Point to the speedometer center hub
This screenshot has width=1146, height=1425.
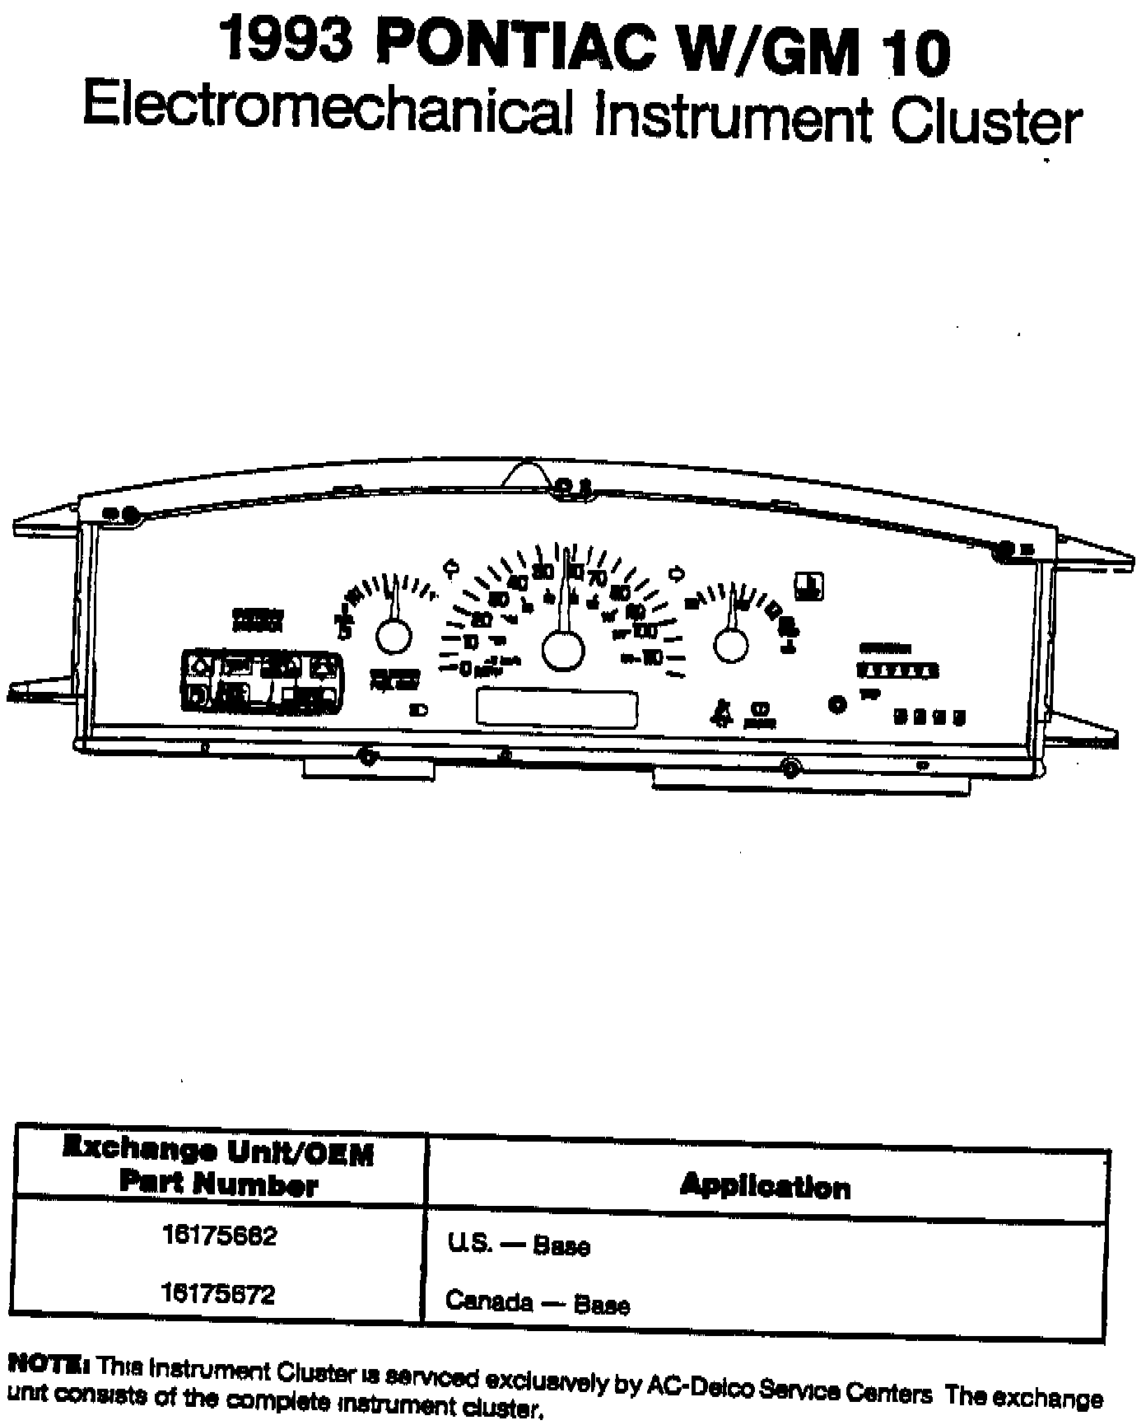point(563,648)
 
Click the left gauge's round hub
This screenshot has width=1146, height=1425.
point(394,636)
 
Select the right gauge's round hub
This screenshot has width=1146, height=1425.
point(731,644)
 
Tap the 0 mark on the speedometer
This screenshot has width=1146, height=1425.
point(465,668)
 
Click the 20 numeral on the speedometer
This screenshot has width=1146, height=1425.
point(482,619)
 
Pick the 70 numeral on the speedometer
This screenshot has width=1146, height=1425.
point(597,577)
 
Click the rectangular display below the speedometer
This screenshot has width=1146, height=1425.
point(557,708)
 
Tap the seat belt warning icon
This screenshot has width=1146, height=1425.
point(722,712)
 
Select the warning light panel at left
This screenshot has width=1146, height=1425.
point(262,680)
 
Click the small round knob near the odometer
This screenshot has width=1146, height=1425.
point(837,705)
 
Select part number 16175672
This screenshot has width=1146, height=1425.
point(219,1294)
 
